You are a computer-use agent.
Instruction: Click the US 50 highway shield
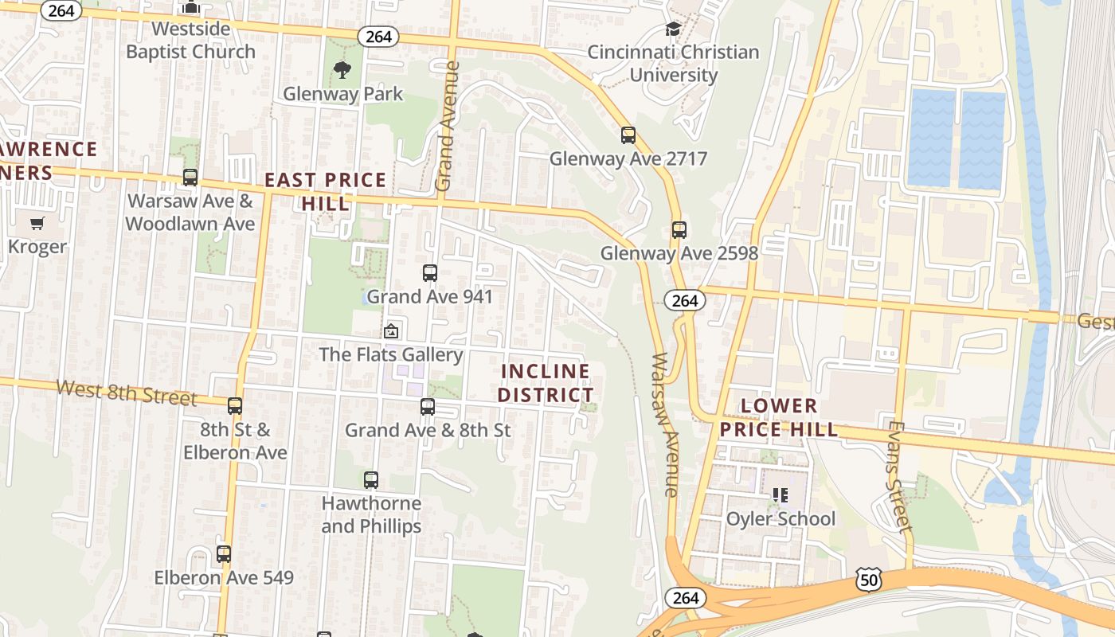tap(869, 580)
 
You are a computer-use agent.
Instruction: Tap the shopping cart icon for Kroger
tap(37, 223)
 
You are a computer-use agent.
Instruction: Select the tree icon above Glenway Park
tap(342, 70)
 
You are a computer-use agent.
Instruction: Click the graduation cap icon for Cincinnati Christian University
tap(673, 29)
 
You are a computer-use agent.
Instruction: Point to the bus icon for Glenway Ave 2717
tap(628, 135)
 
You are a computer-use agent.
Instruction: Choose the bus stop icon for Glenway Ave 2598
tap(679, 230)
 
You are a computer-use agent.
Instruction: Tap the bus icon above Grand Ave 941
tap(430, 273)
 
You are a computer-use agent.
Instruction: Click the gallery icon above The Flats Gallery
tap(391, 330)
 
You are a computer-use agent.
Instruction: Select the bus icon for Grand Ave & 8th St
tap(428, 407)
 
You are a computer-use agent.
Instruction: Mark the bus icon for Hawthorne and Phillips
tap(371, 480)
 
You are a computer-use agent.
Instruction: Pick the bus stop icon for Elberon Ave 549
tap(224, 554)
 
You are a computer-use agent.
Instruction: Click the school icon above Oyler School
tap(780, 495)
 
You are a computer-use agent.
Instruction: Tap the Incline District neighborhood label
tap(546, 383)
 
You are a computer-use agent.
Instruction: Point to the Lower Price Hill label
tap(779, 418)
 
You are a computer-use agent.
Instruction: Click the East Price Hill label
tap(325, 191)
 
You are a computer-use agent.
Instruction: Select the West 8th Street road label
tap(127, 392)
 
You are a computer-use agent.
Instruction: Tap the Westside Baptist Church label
tap(191, 40)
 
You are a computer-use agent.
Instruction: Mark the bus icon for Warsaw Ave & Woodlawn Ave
tap(190, 177)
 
